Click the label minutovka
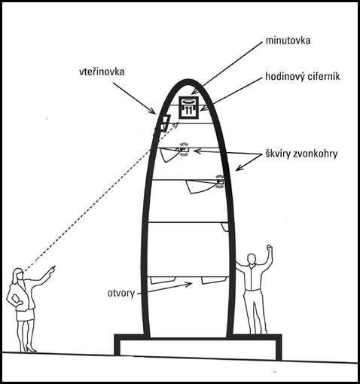click(288, 41)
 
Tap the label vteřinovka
click(102, 72)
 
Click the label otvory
click(121, 293)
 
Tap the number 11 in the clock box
click(188, 110)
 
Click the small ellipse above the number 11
click(189, 102)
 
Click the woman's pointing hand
click(52, 270)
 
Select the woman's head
click(18, 274)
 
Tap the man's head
click(251, 259)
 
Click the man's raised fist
click(269, 246)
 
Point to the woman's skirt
click(25, 315)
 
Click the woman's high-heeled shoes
click(28, 349)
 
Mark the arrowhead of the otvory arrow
click(189, 284)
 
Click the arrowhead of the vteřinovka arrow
click(153, 111)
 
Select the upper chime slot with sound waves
click(184, 150)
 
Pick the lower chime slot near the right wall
click(220, 181)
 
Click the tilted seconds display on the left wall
click(165, 123)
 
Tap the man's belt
click(253, 289)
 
